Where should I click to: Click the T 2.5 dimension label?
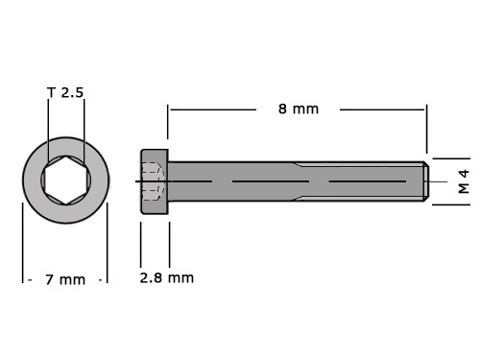pos(65,92)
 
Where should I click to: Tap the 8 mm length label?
pos(299,109)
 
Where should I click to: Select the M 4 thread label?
pos(464,181)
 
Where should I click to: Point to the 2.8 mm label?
pos(167,277)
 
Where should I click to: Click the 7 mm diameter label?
pos(65,279)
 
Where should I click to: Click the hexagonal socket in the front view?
pos(66,180)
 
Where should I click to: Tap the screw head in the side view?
pos(155,181)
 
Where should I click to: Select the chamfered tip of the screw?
pos(426,181)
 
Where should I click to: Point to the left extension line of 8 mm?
pos(168,122)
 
